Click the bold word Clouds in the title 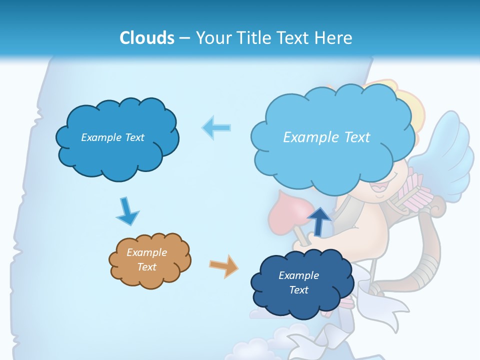pyautogui.click(x=146, y=37)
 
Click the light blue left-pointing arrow pyautogui.click(x=216, y=128)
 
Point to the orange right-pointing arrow pyautogui.click(x=223, y=265)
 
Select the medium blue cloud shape pyautogui.click(x=117, y=137)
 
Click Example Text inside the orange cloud pyautogui.click(x=147, y=260)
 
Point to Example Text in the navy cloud pyautogui.click(x=299, y=282)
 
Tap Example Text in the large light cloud pyautogui.click(x=326, y=137)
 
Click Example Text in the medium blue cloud pyautogui.click(x=112, y=137)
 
